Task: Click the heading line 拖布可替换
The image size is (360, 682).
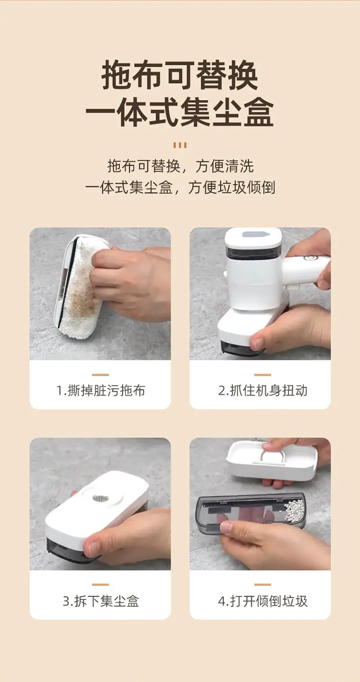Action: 180,75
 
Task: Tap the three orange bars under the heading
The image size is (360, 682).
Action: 180,145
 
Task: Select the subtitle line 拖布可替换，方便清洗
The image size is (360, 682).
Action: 180,166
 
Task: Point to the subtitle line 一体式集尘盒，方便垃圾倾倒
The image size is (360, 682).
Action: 180,187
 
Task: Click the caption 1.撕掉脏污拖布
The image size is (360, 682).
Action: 101,390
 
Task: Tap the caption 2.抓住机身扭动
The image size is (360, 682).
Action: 263,390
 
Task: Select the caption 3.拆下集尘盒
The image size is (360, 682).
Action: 101,601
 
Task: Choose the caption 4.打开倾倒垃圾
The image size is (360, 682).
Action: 263,601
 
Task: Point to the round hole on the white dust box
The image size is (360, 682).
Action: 100,499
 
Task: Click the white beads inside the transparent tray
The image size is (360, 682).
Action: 295,510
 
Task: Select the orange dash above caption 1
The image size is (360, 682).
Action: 100,375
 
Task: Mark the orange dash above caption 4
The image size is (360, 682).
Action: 263,585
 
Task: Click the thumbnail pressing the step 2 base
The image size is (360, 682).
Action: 258,343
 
